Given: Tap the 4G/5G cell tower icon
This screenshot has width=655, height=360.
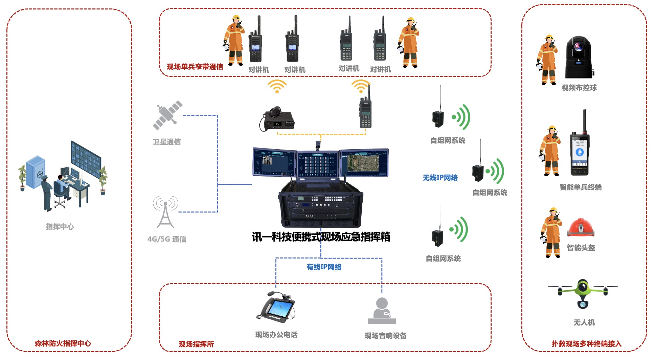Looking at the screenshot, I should tap(165, 212).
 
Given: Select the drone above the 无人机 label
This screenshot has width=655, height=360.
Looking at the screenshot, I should tap(583, 293).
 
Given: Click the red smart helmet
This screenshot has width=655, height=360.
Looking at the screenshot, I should tap(581, 228).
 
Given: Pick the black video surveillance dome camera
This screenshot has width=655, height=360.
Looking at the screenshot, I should tap(579, 58).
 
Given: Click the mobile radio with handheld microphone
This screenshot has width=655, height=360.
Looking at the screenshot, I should tap(277, 119).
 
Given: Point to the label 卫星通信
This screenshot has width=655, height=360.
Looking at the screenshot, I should tap(167, 142).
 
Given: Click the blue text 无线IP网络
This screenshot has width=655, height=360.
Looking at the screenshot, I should tap(440, 178).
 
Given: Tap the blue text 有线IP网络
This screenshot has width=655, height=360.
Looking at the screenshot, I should tap(324, 267).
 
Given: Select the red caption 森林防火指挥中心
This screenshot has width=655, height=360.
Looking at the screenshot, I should tap(63, 343).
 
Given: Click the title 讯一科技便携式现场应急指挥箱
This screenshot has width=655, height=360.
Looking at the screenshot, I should tap(321, 237).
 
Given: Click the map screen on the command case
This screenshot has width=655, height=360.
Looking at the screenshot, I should tap(364, 163).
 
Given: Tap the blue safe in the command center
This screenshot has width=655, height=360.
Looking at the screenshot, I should tap(36, 172).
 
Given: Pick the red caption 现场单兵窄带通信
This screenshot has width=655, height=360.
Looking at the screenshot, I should tap(195, 67).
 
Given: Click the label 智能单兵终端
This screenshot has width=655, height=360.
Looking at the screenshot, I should tap(580, 187).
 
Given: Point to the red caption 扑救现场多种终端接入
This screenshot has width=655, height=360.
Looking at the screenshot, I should tap(586, 344).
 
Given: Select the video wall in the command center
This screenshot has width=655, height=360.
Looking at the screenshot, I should tap(86, 159).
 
